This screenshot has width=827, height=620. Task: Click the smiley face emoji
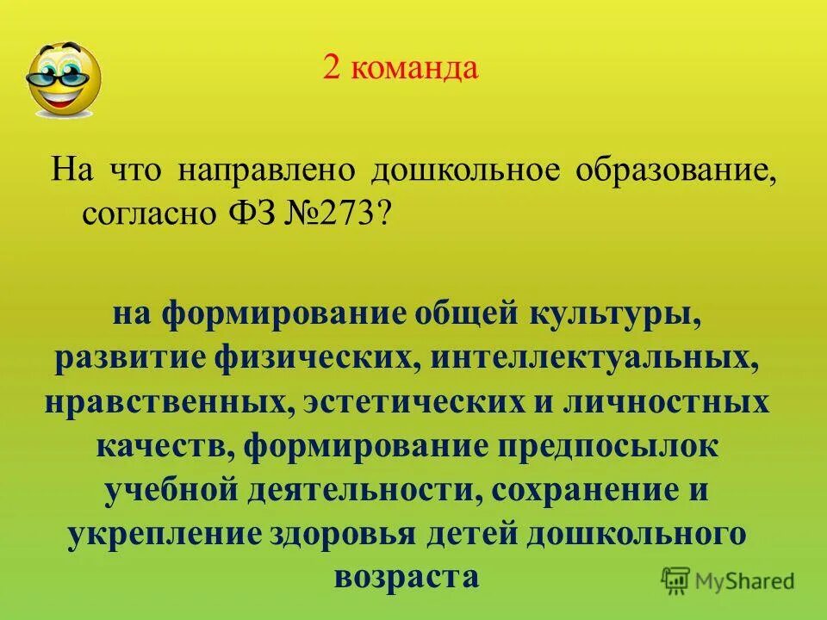[64, 79]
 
